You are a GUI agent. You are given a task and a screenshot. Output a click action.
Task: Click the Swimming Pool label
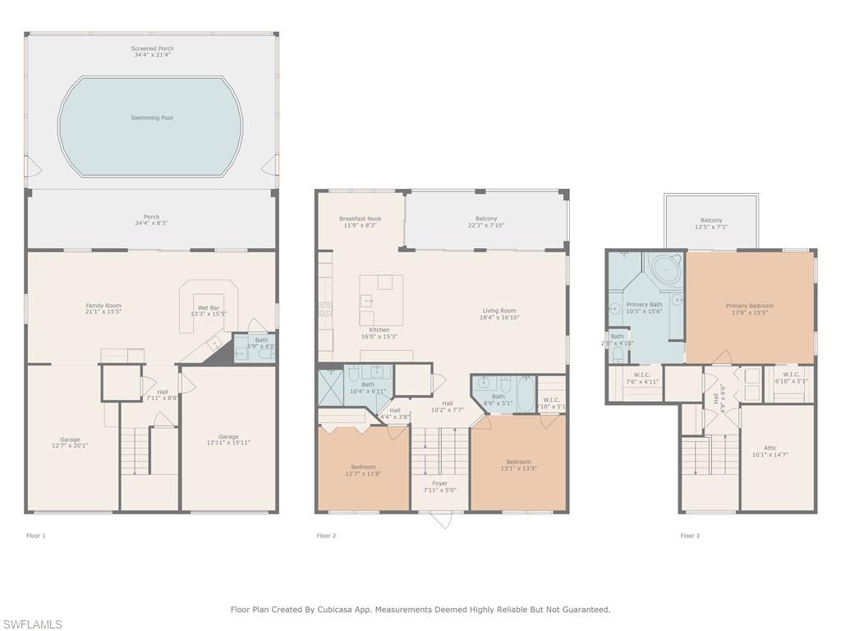152,118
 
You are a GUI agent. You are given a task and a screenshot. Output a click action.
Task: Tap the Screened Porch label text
152,49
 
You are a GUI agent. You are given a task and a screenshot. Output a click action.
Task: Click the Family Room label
103,306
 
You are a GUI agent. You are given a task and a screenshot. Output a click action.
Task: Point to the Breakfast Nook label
360,219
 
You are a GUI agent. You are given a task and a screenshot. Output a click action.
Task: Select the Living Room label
499,311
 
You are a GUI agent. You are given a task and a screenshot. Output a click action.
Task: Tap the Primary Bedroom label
749,306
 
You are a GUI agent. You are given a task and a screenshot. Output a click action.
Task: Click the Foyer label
439,484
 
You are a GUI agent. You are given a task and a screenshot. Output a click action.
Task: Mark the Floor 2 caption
327,536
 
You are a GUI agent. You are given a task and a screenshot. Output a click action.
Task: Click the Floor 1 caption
36,536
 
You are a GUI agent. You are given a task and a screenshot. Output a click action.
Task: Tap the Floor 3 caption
690,536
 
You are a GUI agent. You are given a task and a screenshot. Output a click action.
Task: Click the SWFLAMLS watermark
33,624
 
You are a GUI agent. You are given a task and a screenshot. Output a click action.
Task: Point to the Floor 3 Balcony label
711,220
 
